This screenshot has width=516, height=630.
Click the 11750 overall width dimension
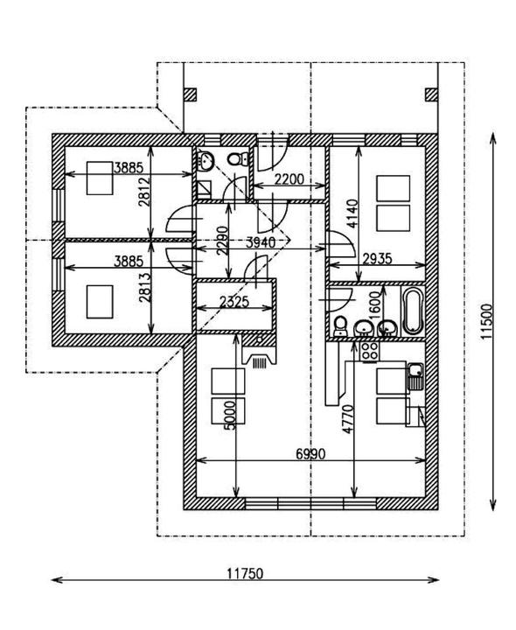(x=245, y=573)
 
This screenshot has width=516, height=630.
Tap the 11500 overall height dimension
(x=486, y=321)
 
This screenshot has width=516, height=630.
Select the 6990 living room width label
(x=310, y=454)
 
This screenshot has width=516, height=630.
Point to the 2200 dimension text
(x=289, y=178)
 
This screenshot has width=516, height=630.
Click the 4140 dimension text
(x=352, y=213)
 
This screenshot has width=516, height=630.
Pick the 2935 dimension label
(x=377, y=259)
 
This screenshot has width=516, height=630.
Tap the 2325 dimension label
(x=234, y=302)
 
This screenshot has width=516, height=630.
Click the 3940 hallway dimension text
(x=261, y=242)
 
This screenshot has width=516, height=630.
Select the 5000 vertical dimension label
(x=230, y=415)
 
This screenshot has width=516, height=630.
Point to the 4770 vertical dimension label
(x=348, y=419)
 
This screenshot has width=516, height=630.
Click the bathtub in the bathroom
(x=413, y=311)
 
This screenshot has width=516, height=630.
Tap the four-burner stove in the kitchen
(x=369, y=351)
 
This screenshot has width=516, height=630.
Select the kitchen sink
(x=415, y=376)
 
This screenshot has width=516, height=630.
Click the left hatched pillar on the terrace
(x=190, y=94)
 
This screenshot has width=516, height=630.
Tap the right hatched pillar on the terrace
(x=431, y=94)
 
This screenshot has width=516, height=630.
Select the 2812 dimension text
(x=144, y=192)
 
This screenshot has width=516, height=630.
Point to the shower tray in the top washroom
(x=205, y=188)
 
